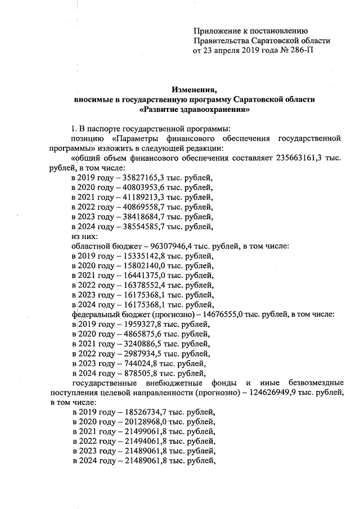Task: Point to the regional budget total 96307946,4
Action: coord(175,246)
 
